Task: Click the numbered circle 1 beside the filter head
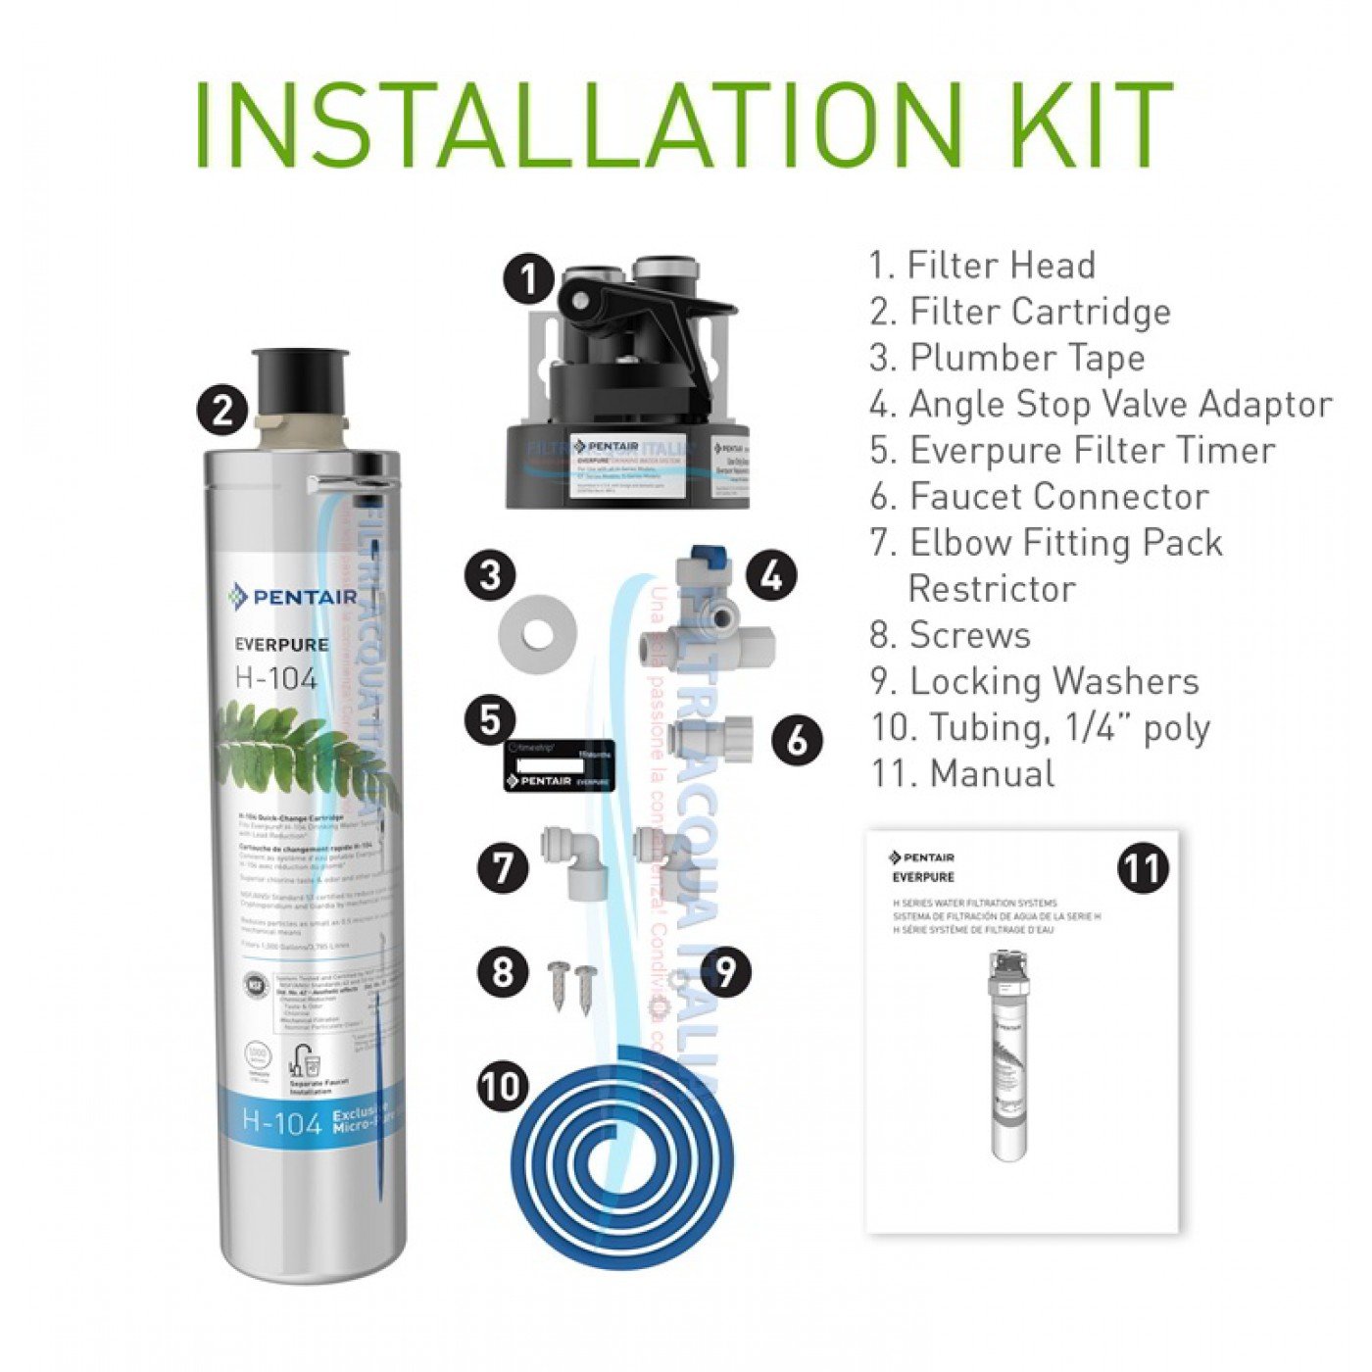[529, 279]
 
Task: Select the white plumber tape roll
[536, 631]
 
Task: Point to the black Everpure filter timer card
[560, 765]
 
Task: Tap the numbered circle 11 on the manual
[1142, 868]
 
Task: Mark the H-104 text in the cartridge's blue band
[281, 1122]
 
